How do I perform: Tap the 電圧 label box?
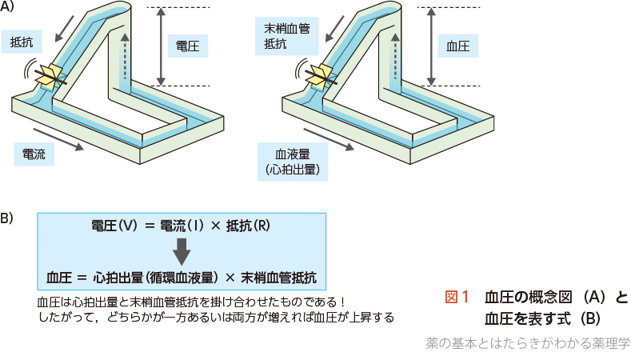189,46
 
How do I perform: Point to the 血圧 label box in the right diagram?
458,46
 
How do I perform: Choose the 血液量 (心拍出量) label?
291,159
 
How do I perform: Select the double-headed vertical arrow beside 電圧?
161,46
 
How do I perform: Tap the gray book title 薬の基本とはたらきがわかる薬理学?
528,343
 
